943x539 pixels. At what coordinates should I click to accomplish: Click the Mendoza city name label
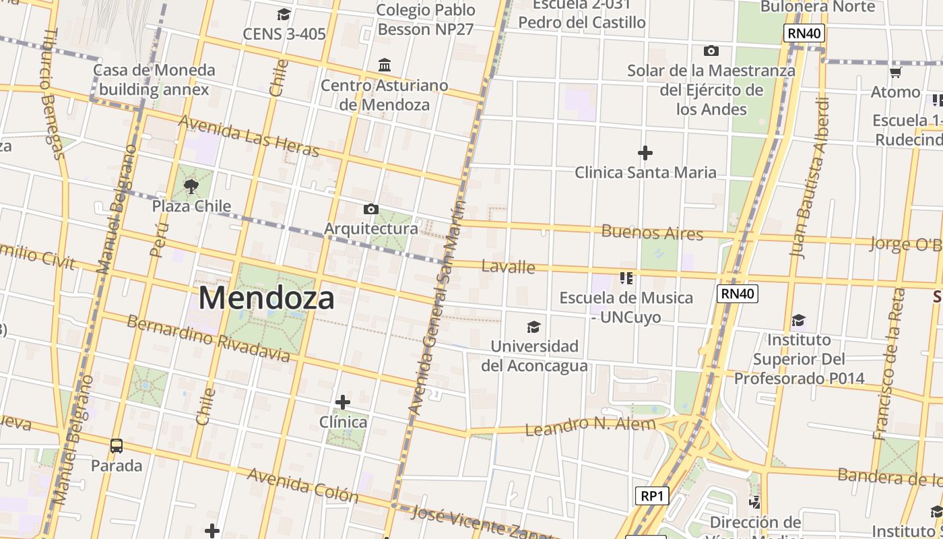point(266,298)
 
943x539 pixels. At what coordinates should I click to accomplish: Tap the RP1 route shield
point(652,496)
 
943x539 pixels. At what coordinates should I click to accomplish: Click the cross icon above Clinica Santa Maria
point(645,153)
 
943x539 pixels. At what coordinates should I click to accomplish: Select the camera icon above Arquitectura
point(370,210)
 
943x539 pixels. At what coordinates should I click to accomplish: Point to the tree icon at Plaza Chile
point(191,186)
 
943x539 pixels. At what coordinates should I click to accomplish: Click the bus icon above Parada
point(117,445)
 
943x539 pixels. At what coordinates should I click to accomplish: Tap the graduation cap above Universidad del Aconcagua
point(533,327)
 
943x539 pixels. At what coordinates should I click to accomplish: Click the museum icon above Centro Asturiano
point(385,65)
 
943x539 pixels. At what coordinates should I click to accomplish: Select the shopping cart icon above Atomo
point(895,72)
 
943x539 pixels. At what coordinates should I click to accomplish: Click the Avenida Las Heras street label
point(249,135)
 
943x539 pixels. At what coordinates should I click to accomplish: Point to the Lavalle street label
point(509,267)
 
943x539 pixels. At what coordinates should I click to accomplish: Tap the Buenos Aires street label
point(652,233)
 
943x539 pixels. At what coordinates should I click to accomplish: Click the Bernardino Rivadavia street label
point(208,338)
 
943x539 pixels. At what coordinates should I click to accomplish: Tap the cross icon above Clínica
point(343,402)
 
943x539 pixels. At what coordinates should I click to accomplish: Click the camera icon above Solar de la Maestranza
point(711,51)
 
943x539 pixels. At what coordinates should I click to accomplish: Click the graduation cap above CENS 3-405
point(284,14)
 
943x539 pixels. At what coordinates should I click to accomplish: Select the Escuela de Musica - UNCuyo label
point(626,307)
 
